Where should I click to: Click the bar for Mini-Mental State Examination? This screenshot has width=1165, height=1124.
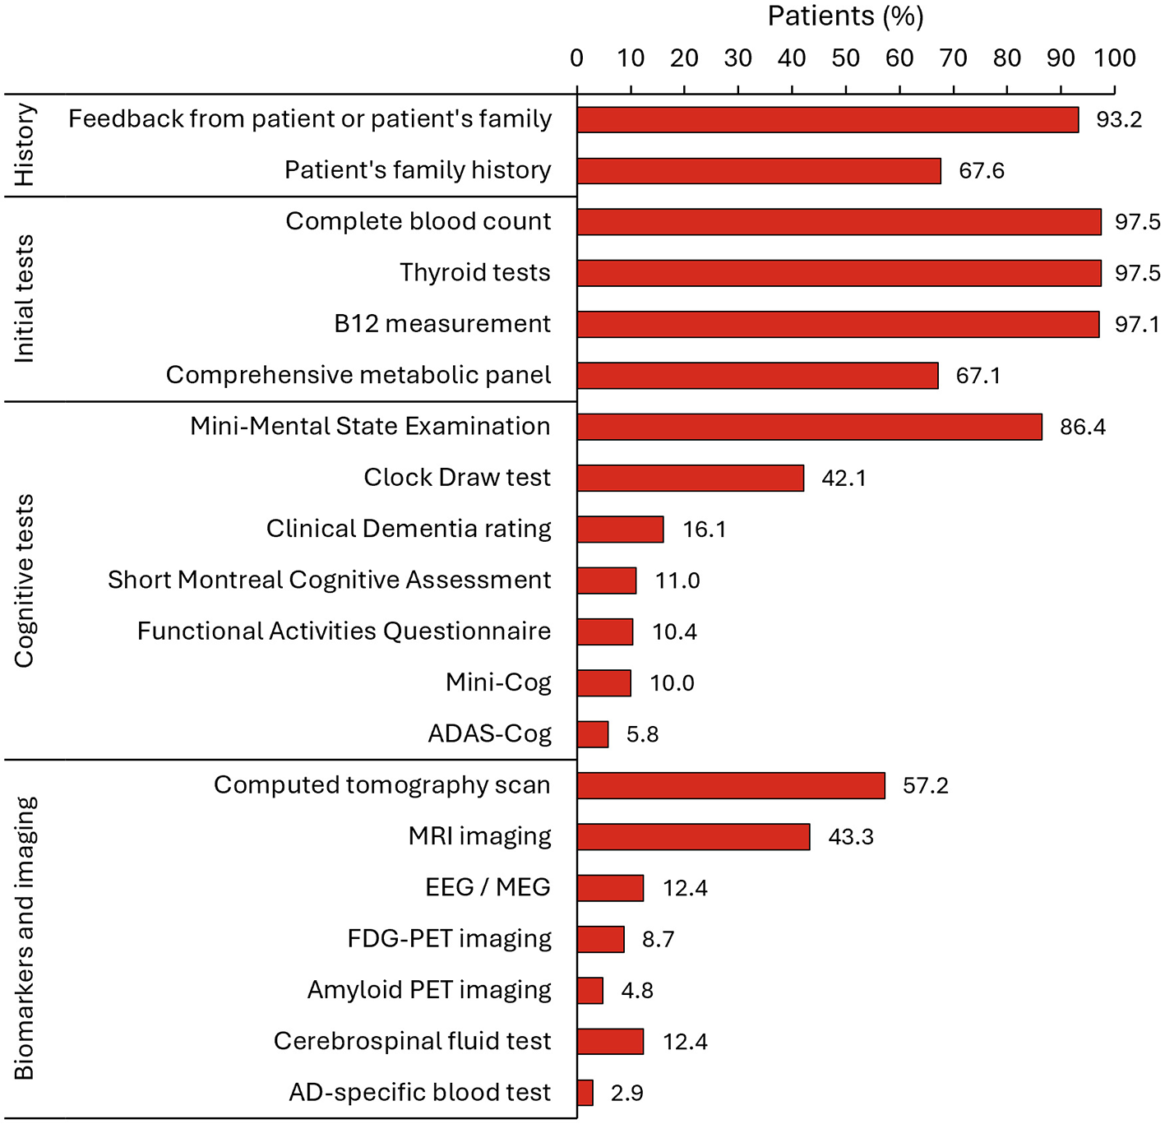809,427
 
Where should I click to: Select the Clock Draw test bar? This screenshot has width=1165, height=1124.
690,478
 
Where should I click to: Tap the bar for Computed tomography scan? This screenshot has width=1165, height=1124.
730,785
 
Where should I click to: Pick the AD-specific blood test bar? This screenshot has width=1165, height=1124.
585,1093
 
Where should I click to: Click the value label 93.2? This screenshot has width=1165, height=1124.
1118,120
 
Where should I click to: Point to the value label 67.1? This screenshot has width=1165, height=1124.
978,376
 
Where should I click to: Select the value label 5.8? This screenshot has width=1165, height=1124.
642,734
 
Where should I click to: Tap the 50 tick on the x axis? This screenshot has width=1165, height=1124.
845,58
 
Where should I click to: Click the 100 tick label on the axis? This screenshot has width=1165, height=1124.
1114,58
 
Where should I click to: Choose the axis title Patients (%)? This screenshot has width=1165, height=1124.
845,16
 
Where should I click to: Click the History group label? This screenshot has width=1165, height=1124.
25,145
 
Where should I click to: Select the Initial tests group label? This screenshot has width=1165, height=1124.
25,298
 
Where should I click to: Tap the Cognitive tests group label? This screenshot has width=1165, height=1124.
25,581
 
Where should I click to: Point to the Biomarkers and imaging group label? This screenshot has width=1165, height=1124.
25,938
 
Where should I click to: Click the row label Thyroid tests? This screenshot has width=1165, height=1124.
474,273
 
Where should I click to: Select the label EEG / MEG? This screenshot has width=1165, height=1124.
488,888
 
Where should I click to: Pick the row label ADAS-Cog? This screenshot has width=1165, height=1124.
489,734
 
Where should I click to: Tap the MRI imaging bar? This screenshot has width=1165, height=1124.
693,837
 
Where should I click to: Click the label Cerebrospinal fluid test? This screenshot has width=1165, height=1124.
412,1042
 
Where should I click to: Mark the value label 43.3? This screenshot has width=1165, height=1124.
850,837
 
